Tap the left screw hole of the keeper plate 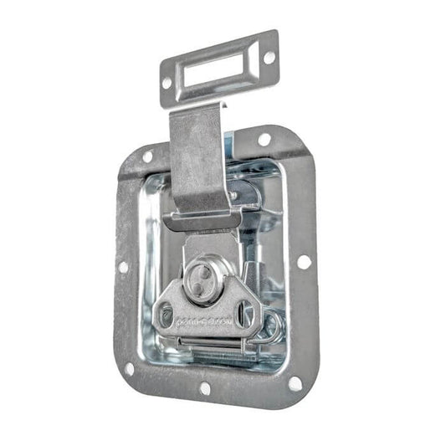coord(167,83)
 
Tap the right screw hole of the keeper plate coord(269,56)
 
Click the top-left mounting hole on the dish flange coord(147,156)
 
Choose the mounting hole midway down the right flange coord(304,261)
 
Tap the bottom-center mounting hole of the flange coord(205,388)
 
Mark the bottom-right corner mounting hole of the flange coord(295,382)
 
